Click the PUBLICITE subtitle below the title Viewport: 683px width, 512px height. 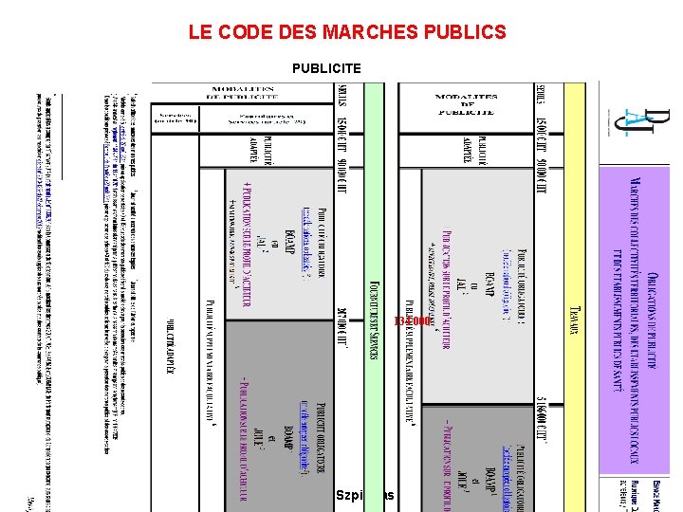pyautogui.click(x=326, y=68)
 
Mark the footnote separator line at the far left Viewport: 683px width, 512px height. pyautogui.click(x=61, y=134)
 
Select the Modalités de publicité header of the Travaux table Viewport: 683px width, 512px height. pyautogui.click(x=465, y=104)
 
